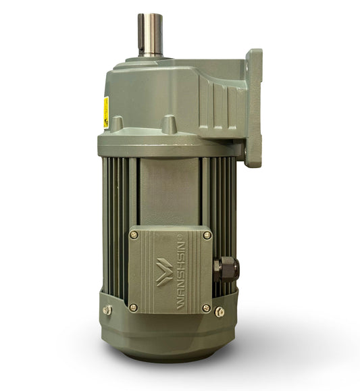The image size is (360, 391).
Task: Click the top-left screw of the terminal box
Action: pos(134,234)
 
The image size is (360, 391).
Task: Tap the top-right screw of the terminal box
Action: pos(206,235)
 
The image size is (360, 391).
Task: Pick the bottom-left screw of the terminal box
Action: pos(134,307)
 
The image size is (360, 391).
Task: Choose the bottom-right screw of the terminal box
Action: pos(206,307)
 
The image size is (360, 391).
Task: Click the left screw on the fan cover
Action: pos(107,309)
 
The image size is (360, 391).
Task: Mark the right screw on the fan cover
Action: pos(220,311)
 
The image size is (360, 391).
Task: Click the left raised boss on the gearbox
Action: pos(117,124)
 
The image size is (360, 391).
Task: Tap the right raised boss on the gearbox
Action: pos(168,124)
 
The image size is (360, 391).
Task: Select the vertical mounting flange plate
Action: pos(254,108)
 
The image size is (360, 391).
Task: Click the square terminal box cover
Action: pos(170,270)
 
